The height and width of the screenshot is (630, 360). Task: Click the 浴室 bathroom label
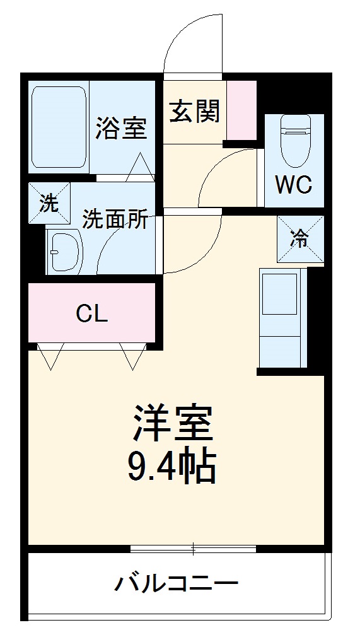(x=121, y=129)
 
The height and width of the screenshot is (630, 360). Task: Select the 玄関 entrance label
(x=194, y=112)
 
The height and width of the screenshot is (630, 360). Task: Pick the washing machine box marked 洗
(x=49, y=203)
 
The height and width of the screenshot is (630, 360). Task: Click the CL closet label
(x=92, y=313)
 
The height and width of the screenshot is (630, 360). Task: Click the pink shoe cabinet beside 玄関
(x=241, y=110)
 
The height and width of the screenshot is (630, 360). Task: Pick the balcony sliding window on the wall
(x=193, y=548)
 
